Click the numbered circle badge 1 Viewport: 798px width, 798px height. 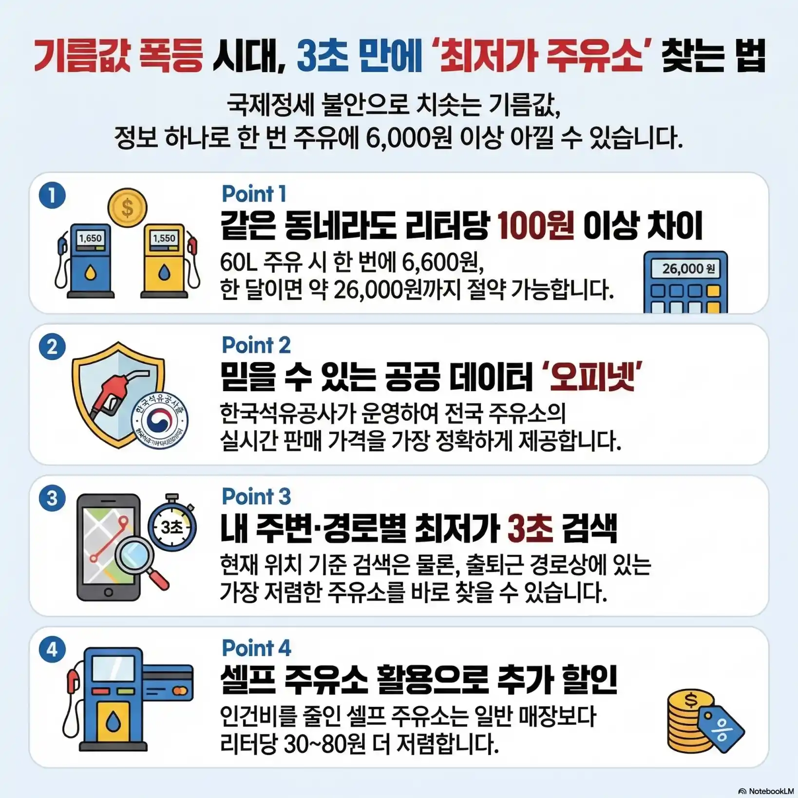(52, 195)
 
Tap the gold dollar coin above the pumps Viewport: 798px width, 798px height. (127, 208)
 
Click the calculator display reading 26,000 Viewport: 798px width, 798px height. (685, 268)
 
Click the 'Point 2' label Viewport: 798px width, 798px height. (256, 345)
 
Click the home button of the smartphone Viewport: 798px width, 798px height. (108, 592)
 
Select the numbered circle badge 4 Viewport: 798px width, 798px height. (52, 649)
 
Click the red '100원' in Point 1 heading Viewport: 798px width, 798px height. (535, 226)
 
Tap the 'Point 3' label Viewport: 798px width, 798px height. (256, 497)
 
